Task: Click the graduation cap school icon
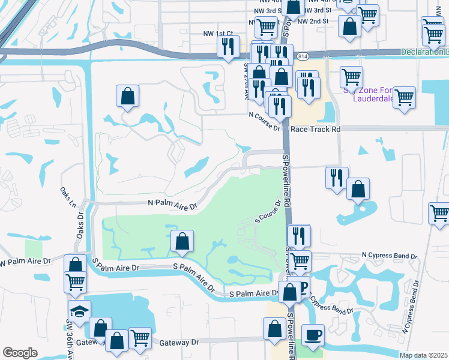[x=79, y=311]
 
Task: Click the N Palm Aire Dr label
[x=172, y=204]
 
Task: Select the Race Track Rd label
[x=315, y=129]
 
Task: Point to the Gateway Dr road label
[x=179, y=343]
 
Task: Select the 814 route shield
[x=303, y=56]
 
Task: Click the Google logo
[x=20, y=353]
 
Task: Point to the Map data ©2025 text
[x=424, y=355]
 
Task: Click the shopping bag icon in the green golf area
[x=182, y=241]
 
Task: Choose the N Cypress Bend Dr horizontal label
[x=389, y=256]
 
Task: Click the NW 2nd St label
[x=313, y=21]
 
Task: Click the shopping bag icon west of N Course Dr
[x=127, y=95]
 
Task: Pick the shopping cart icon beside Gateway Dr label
[x=140, y=337]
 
